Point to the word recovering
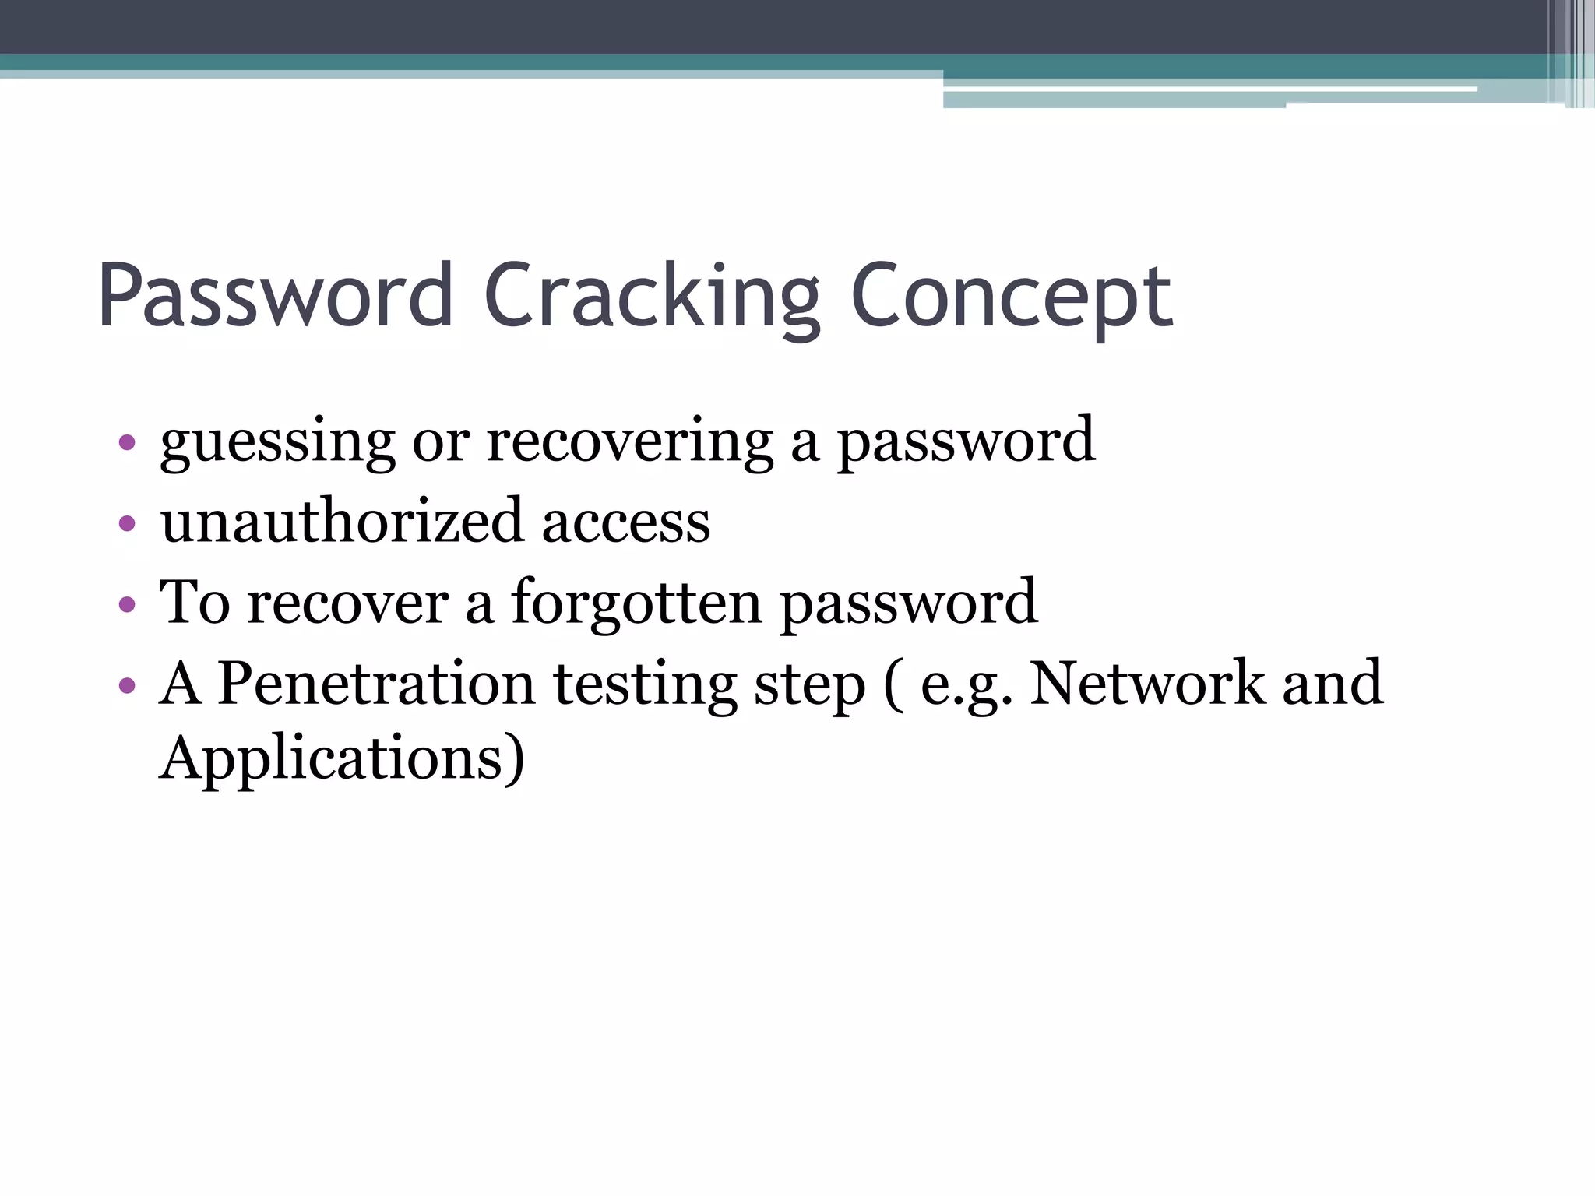pyautogui.click(x=629, y=442)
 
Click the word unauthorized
pyautogui.click(x=342, y=521)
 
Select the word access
pyautogui.click(x=625, y=522)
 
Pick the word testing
pyautogui.click(x=644, y=684)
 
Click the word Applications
pyautogui.click(x=342, y=758)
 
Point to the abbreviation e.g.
pyautogui.click(x=966, y=684)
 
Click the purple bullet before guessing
pyautogui.click(x=127, y=444)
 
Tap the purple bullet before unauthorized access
pyautogui.click(x=127, y=523)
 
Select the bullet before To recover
pyautogui.click(x=127, y=603)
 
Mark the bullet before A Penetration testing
pyautogui.click(x=127, y=685)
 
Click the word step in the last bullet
pyautogui.click(x=809, y=684)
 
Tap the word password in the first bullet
pyautogui.click(x=966, y=442)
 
